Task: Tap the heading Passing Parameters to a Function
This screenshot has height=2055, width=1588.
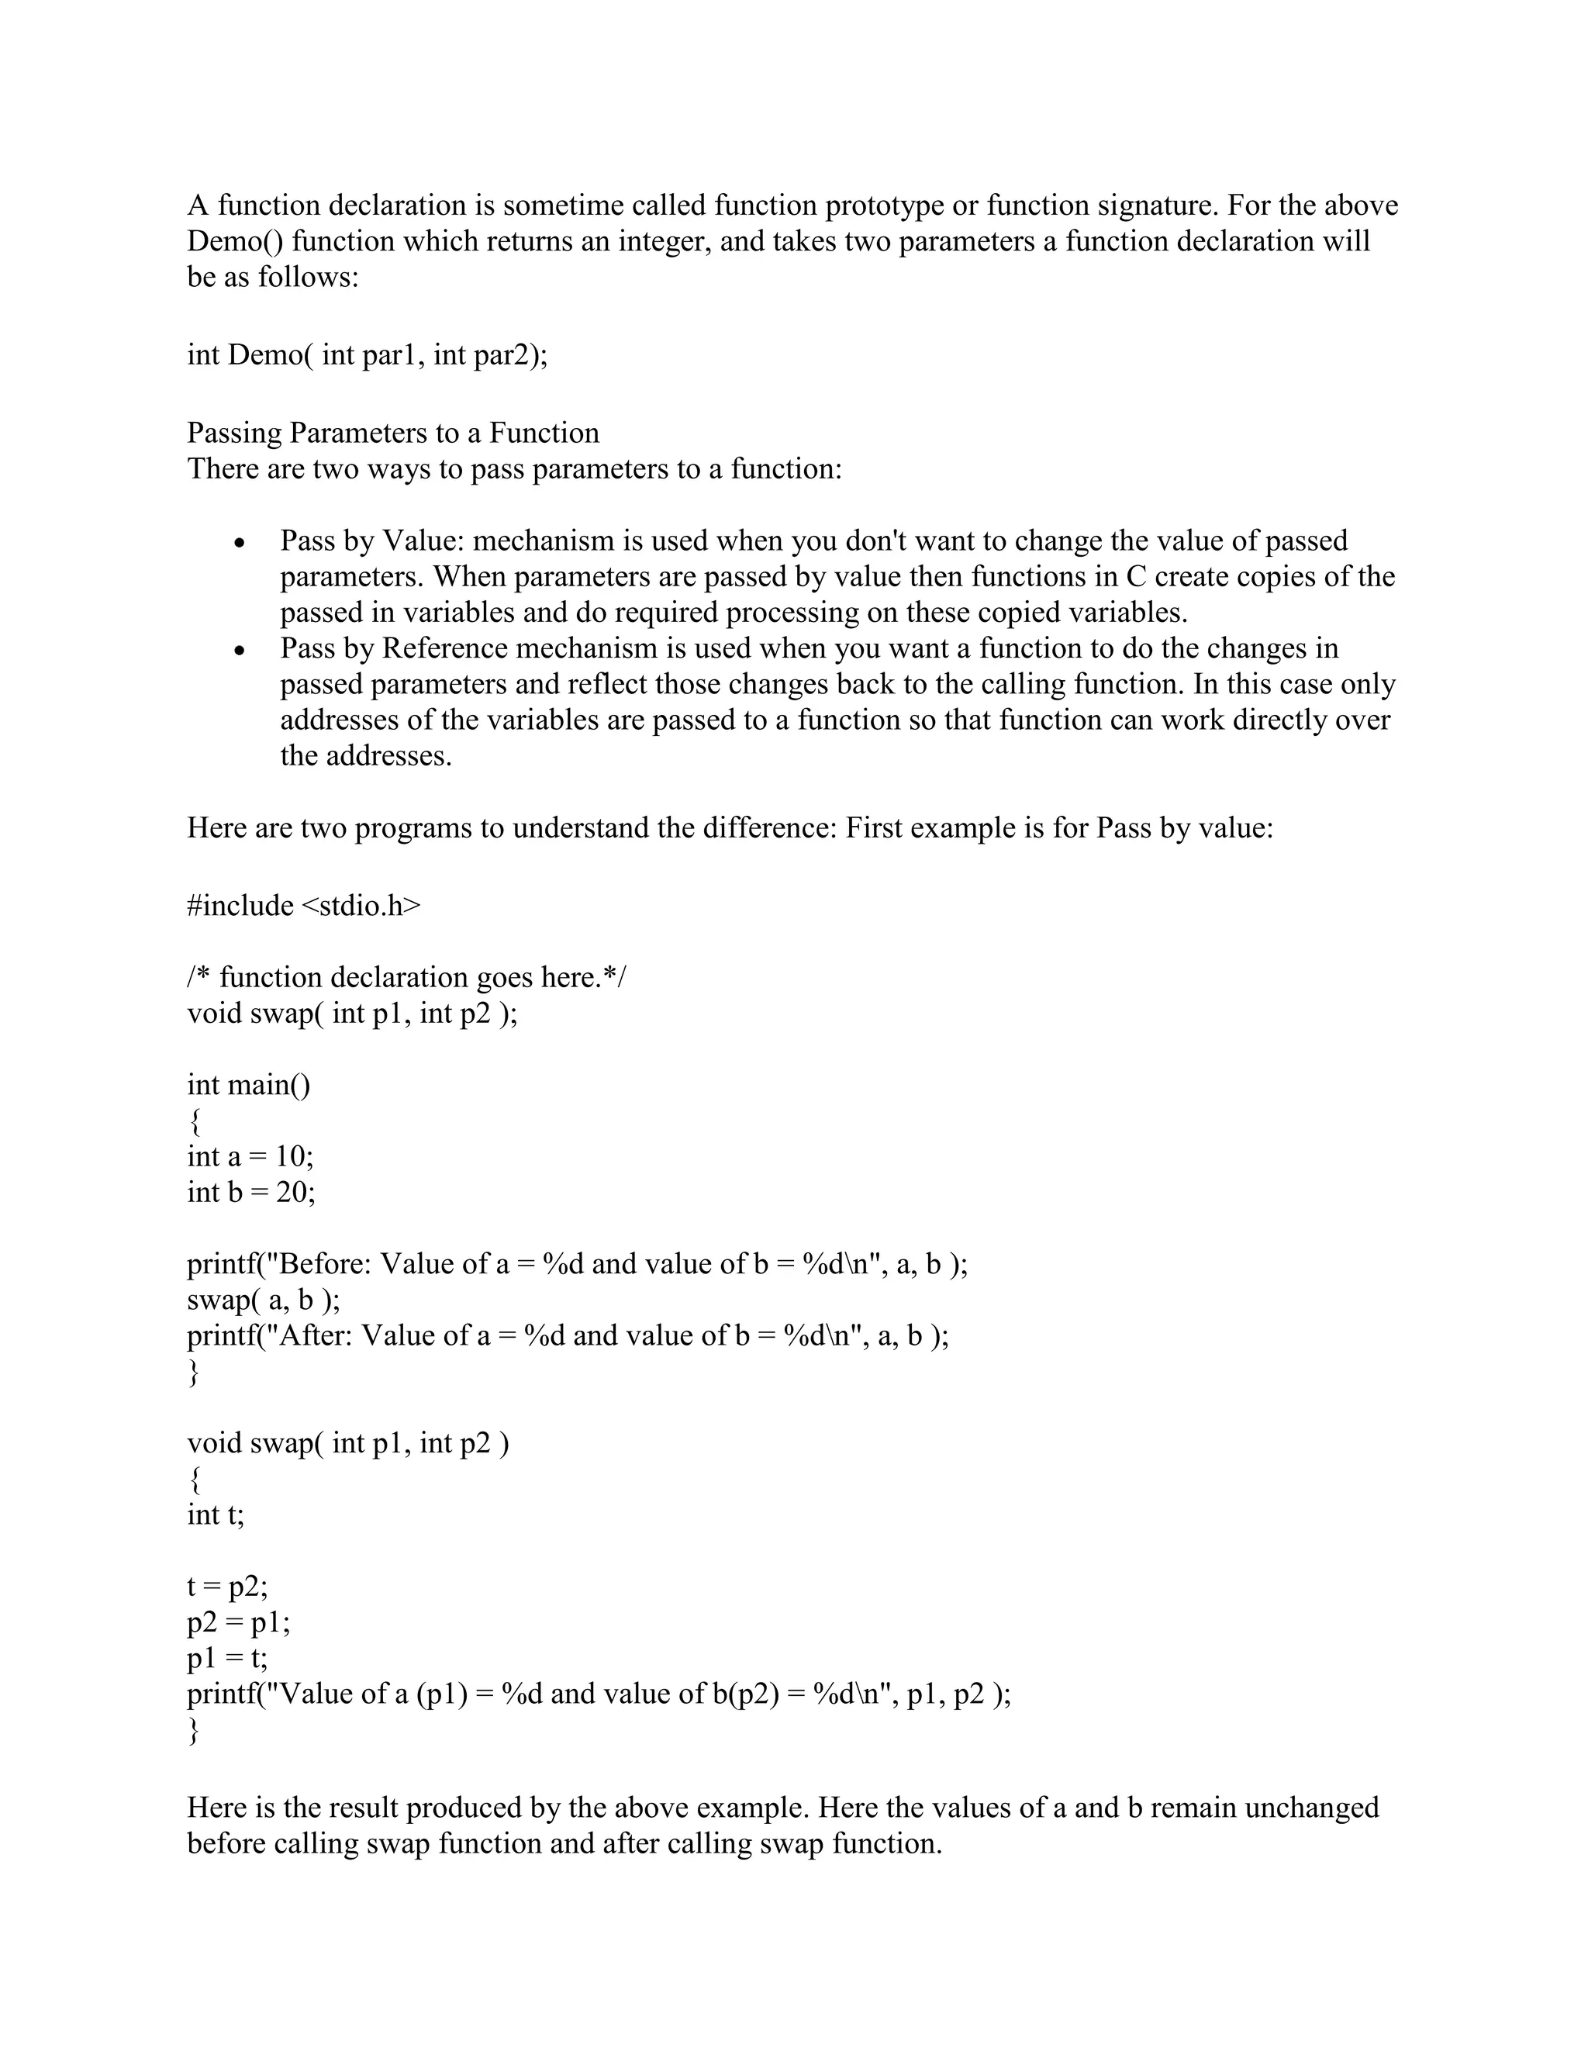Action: click(x=393, y=433)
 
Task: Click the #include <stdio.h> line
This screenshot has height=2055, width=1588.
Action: click(x=304, y=905)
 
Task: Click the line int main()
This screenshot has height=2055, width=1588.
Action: click(x=248, y=1085)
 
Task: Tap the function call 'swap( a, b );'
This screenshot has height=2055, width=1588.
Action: click(x=264, y=1300)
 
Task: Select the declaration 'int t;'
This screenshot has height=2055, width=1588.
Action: click(x=216, y=1515)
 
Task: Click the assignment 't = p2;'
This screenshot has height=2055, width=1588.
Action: click(x=228, y=1587)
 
